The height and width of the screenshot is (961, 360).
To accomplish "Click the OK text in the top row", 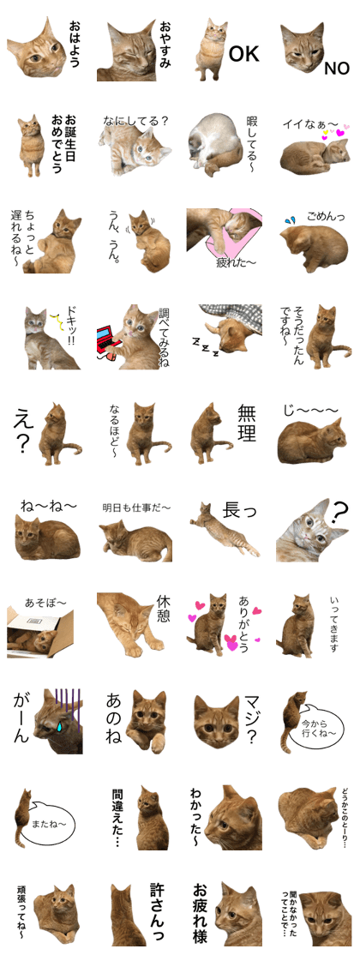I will pyautogui.click(x=243, y=54).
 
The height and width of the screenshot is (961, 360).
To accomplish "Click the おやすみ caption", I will pyautogui.click(x=165, y=51).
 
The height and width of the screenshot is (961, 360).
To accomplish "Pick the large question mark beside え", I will pyautogui.click(x=24, y=445).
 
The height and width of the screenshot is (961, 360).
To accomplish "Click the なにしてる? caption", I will pyautogui.click(x=135, y=121).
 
